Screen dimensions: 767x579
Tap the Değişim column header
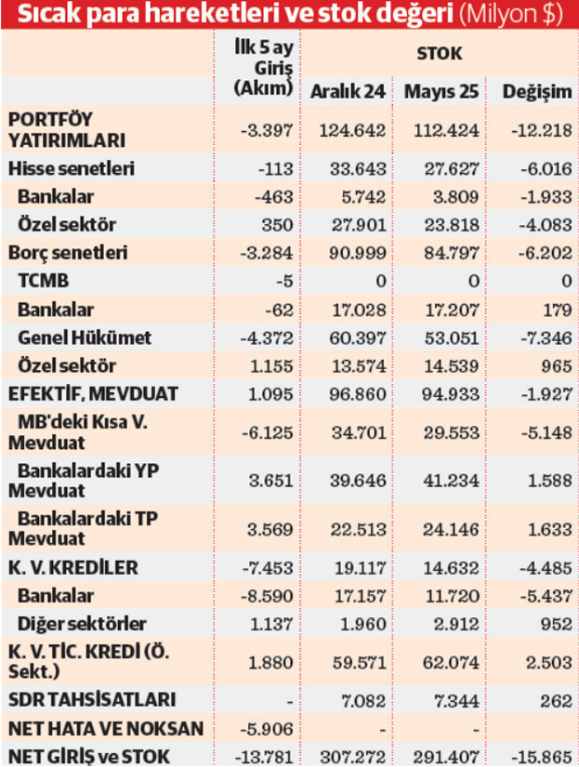[x=536, y=93]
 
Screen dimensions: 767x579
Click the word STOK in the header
[x=440, y=54]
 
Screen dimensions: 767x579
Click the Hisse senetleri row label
[x=71, y=169]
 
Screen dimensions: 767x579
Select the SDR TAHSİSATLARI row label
[x=79, y=698]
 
